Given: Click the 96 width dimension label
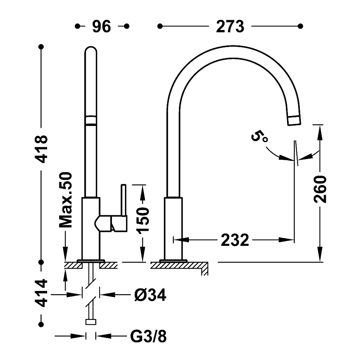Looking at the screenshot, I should point(102,26).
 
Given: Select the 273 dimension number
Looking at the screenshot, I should point(230,26).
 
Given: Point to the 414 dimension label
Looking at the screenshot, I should point(42,293).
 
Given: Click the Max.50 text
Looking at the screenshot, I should point(66,200).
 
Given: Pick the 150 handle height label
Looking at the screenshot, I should point(143,221).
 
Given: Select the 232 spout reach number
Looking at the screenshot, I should point(235,239).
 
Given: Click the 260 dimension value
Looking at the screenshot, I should point(320,190).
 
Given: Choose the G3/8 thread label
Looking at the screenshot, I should point(148,337).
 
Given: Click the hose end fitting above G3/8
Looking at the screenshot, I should point(90,322).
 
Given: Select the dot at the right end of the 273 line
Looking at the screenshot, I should point(301,26).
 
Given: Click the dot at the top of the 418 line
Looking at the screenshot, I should point(42,47).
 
